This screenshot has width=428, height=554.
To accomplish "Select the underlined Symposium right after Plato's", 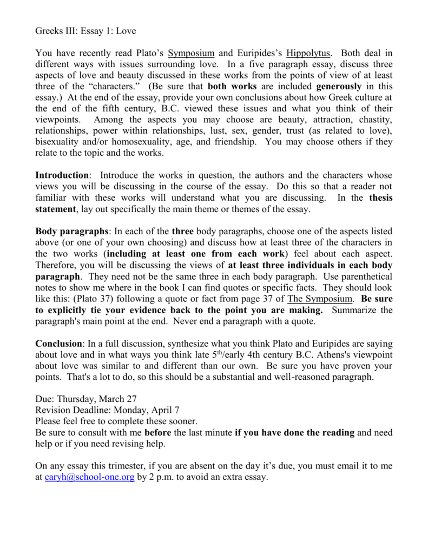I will [192, 53].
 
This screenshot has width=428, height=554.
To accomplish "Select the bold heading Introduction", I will [62, 175].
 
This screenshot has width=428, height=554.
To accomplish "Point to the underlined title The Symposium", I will [320, 299].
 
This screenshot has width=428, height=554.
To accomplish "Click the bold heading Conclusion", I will [58, 344].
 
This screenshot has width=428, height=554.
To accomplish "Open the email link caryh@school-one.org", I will [89, 478].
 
